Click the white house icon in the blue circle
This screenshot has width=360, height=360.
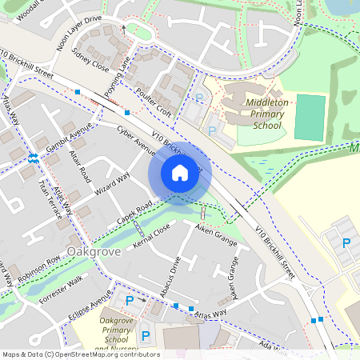point(180,172)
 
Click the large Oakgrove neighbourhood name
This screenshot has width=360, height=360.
point(94,252)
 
